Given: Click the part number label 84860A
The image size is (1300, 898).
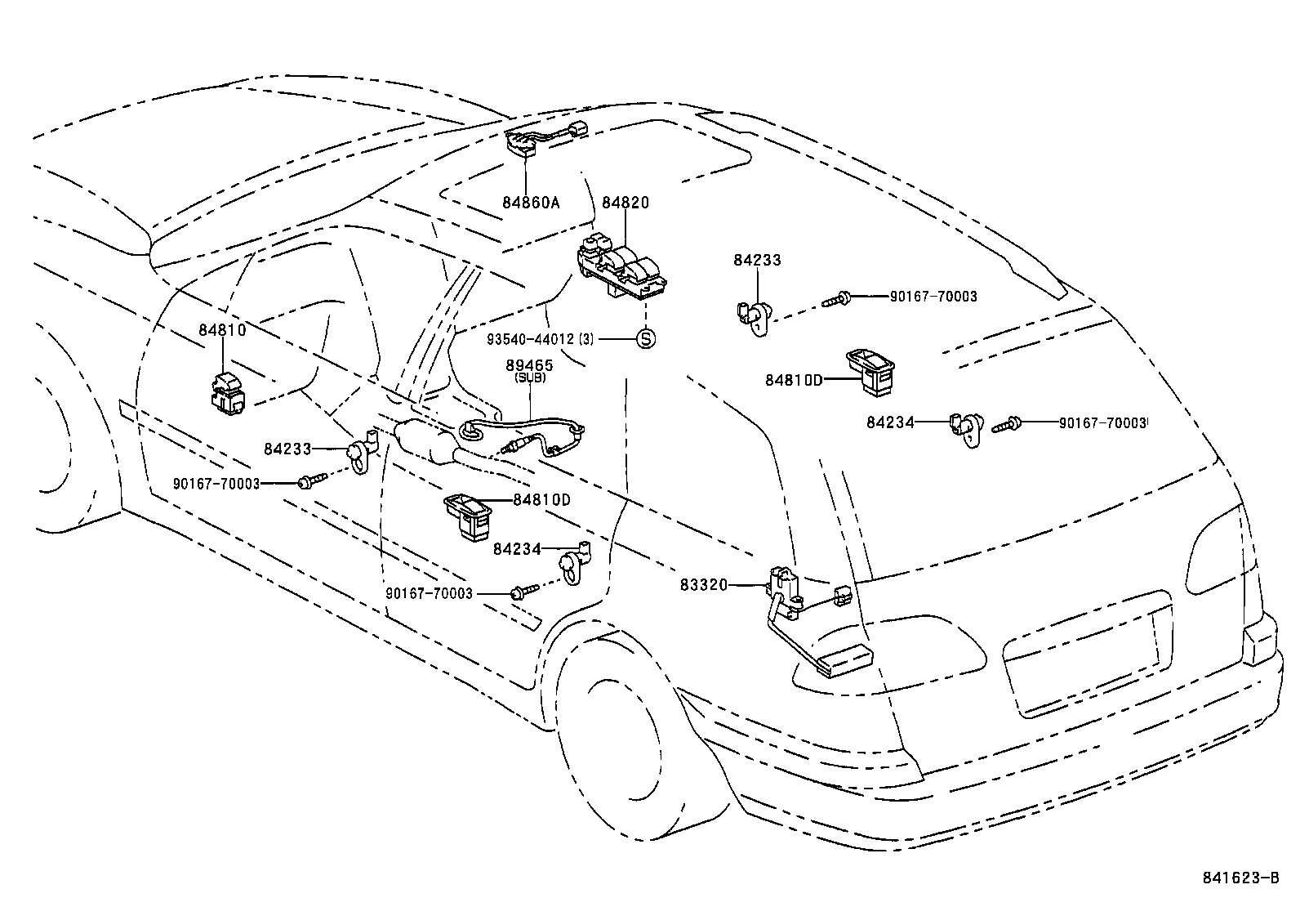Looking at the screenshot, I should pyautogui.click(x=530, y=203).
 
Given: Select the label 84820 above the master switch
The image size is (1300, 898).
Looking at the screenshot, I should pyautogui.click(x=626, y=203).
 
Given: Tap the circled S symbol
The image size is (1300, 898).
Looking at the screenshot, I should pyautogui.click(x=645, y=338).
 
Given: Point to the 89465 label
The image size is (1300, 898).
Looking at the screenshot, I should pyautogui.click(x=529, y=365).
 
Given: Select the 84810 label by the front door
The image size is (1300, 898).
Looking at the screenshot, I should pyautogui.click(x=222, y=330).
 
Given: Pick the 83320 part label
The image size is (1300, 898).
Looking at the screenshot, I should pyautogui.click(x=703, y=585).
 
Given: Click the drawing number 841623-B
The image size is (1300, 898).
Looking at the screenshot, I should pyautogui.click(x=1240, y=878).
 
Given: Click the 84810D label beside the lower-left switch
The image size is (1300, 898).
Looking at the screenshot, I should pyautogui.click(x=542, y=499).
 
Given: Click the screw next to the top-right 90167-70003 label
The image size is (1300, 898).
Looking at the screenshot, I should pyautogui.click(x=836, y=300).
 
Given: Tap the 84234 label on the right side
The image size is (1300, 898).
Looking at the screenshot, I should pyautogui.click(x=889, y=422).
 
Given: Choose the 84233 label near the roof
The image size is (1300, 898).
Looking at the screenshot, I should pyautogui.click(x=757, y=261).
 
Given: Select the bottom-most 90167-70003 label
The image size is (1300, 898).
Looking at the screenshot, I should pyautogui.click(x=429, y=593).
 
